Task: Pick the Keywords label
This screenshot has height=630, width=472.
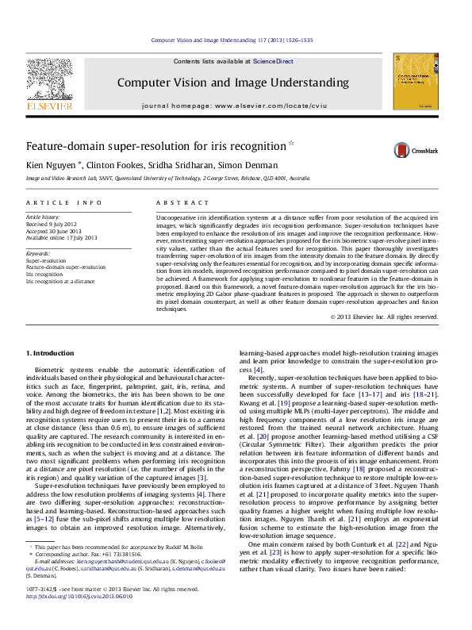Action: tap(39, 252)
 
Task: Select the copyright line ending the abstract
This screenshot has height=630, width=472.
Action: tap(384, 317)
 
